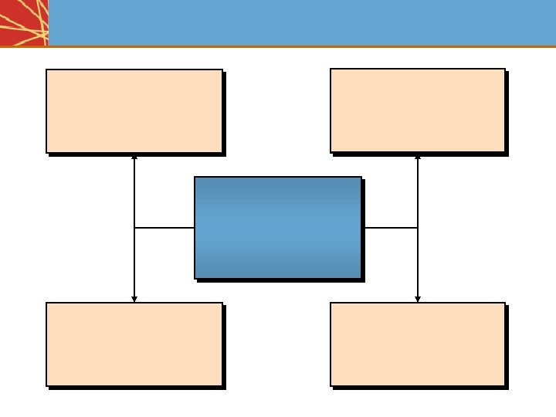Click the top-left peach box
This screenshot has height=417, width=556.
tap(134, 111)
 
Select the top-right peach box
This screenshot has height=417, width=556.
tap(417, 110)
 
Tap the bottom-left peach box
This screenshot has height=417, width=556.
tap(134, 344)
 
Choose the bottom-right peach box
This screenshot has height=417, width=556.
tap(417, 344)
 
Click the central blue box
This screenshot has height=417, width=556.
tap(278, 227)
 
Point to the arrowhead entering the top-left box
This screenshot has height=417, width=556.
tap(134, 157)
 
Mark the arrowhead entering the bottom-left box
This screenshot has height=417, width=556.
tap(134, 299)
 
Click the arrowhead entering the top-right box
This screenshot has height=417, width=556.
tap(418, 157)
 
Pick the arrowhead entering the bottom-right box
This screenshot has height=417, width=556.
tap(418, 299)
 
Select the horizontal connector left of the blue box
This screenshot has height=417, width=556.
tap(164, 228)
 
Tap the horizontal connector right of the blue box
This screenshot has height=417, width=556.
tap(391, 228)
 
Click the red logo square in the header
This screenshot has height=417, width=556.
tap(24, 22)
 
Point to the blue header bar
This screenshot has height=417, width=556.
tap(301, 22)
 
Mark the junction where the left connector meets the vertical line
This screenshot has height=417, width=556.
tap(134, 228)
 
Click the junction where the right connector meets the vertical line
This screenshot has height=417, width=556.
tap(418, 228)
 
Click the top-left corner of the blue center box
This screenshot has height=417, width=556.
tap(195, 178)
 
